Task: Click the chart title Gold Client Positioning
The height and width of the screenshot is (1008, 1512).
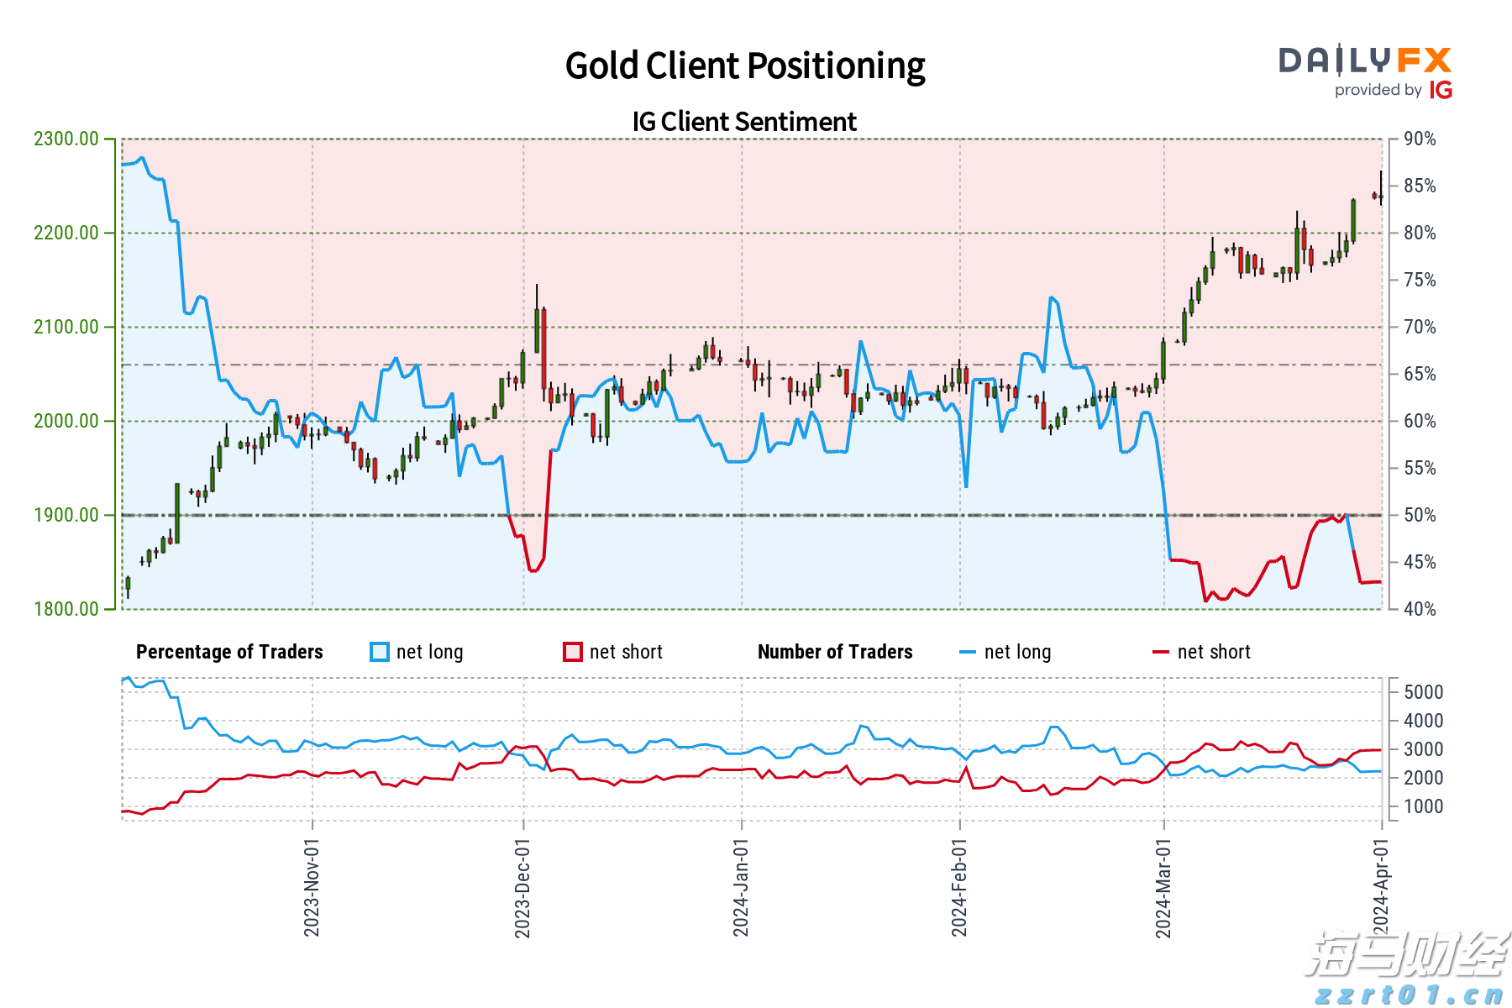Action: click(744, 66)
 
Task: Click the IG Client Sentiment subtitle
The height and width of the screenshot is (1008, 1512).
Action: click(744, 122)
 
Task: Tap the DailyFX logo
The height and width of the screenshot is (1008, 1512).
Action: click(1365, 60)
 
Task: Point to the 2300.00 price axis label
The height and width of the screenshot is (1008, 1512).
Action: click(66, 139)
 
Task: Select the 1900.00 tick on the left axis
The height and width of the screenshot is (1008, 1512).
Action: click(66, 515)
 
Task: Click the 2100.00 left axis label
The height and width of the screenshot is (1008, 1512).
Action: click(66, 327)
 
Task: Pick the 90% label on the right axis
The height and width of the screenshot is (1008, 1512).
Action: click(1420, 139)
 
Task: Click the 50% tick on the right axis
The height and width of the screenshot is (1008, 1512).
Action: click(1420, 515)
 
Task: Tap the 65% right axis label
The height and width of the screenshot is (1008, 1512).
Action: click(1420, 374)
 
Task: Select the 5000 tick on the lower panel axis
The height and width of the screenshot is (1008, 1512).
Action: click(1423, 692)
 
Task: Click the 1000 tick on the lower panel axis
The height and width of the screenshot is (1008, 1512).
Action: click(1423, 806)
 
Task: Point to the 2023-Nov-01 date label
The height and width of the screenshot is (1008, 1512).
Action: click(312, 887)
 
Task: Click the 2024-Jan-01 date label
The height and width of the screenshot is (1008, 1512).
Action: click(741, 887)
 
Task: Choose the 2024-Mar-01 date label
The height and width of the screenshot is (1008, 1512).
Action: click(1163, 887)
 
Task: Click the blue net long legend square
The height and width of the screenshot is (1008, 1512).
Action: click(380, 652)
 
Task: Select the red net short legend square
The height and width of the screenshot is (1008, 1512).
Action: click(573, 652)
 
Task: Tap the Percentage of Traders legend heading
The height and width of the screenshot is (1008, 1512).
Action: click(229, 652)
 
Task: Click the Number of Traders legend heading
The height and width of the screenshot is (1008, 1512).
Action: click(835, 652)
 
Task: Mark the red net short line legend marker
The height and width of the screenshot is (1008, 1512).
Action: click(1161, 652)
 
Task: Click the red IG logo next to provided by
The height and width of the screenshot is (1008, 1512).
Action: click(1441, 90)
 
